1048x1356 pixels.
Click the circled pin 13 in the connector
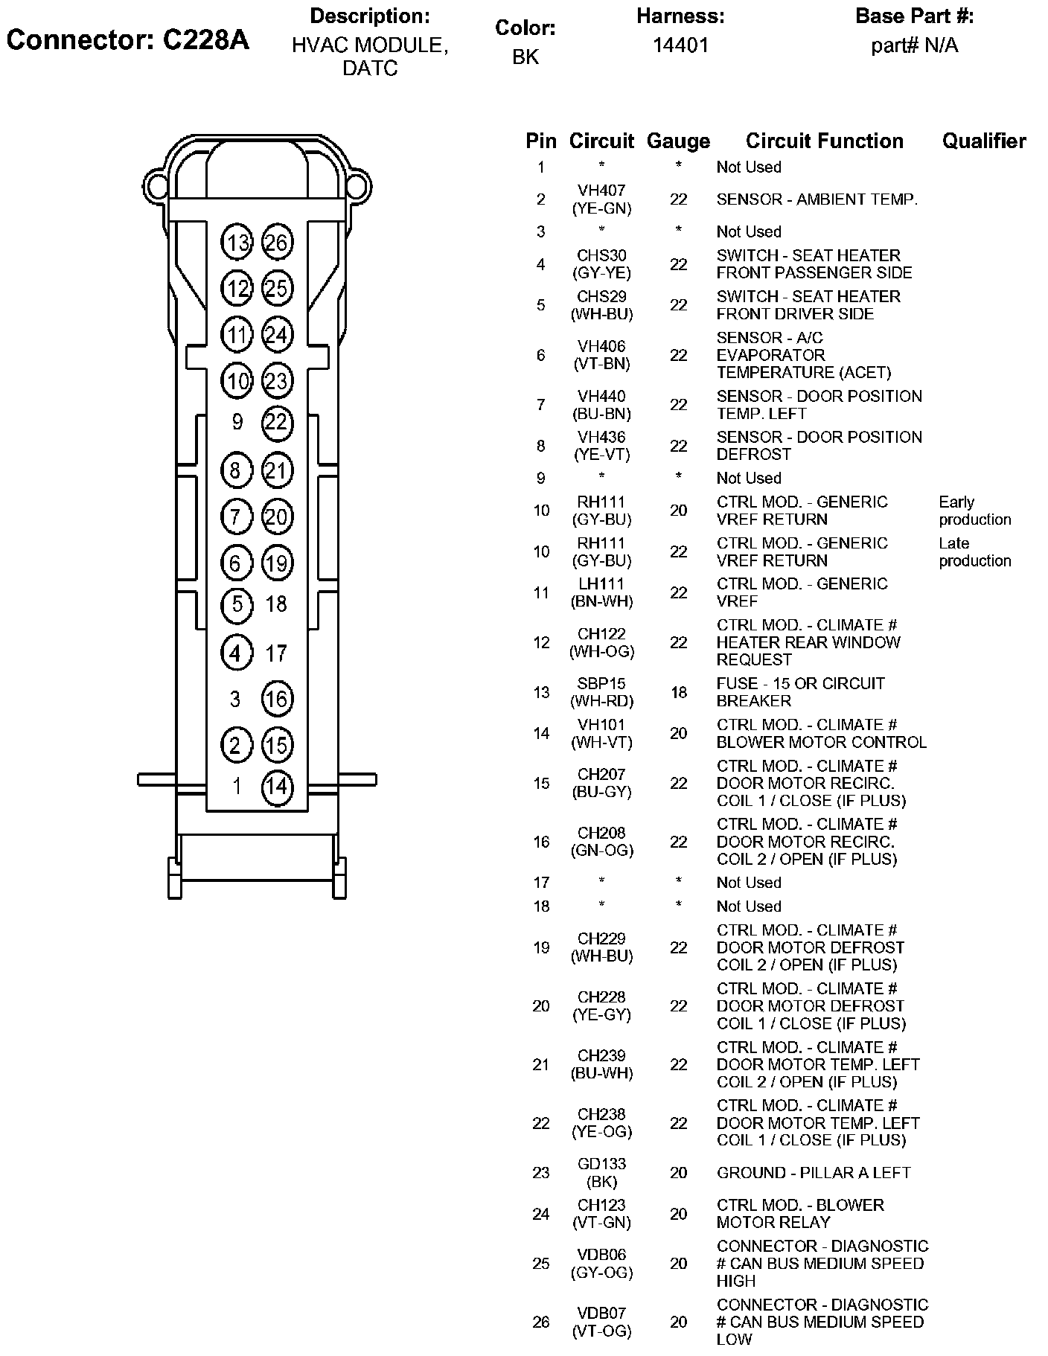tap(237, 243)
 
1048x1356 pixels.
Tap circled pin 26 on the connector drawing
tap(277, 243)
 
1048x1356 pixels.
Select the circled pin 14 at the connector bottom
tap(277, 787)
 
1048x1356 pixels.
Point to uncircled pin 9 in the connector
tap(237, 422)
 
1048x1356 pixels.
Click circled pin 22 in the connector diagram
tap(277, 423)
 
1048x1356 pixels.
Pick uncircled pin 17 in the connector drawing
tap(276, 653)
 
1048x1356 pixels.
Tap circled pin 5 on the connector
tap(237, 604)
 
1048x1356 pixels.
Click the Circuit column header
tap(601, 141)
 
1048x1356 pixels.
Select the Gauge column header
tap(678, 141)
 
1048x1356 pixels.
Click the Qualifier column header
tap(984, 141)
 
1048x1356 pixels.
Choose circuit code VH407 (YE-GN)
tap(601, 199)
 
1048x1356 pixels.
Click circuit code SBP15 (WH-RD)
tap(601, 692)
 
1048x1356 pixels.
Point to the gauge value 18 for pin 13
tap(678, 692)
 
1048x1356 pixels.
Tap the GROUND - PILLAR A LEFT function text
tap(814, 1173)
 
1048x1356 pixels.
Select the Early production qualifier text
tap(974, 511)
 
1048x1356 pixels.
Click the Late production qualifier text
tap(974, 551)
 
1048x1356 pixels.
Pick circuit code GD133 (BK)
tap(601, 1173)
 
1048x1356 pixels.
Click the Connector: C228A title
tap(127, 39)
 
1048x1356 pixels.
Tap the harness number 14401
tap(680, 45)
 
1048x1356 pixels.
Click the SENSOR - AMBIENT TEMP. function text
tap(817, 199)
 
